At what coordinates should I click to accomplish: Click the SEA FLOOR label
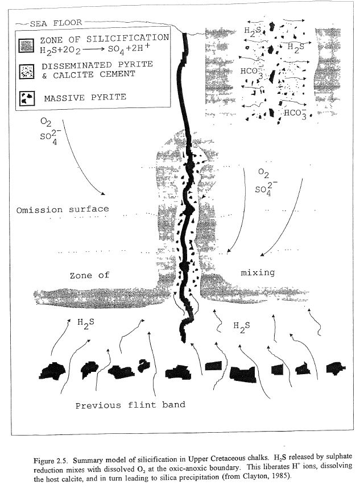tap(56, 23)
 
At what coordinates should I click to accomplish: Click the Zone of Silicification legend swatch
tap(26, 45)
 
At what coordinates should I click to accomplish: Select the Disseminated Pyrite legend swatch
tap(27, 72)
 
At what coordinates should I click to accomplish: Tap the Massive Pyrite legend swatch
tap(27, 98)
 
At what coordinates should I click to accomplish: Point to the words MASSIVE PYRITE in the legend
tap(85, 98)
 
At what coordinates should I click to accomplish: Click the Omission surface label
tap(63, 209)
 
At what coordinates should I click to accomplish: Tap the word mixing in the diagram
tap(258, 272)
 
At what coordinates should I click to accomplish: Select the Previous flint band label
tap(130, 405)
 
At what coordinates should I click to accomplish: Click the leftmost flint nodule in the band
tap(52, 371)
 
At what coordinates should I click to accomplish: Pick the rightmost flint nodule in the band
tap(336, 368)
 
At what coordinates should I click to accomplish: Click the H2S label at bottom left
tap(86, 324)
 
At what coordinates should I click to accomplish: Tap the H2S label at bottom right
tap(242, 327)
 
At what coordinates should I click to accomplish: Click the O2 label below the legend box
tap(46, 122)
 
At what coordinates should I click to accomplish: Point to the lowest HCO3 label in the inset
tap(295, 114)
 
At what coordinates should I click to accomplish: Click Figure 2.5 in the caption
tap(49, 461)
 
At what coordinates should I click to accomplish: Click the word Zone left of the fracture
tap(81, 276)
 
